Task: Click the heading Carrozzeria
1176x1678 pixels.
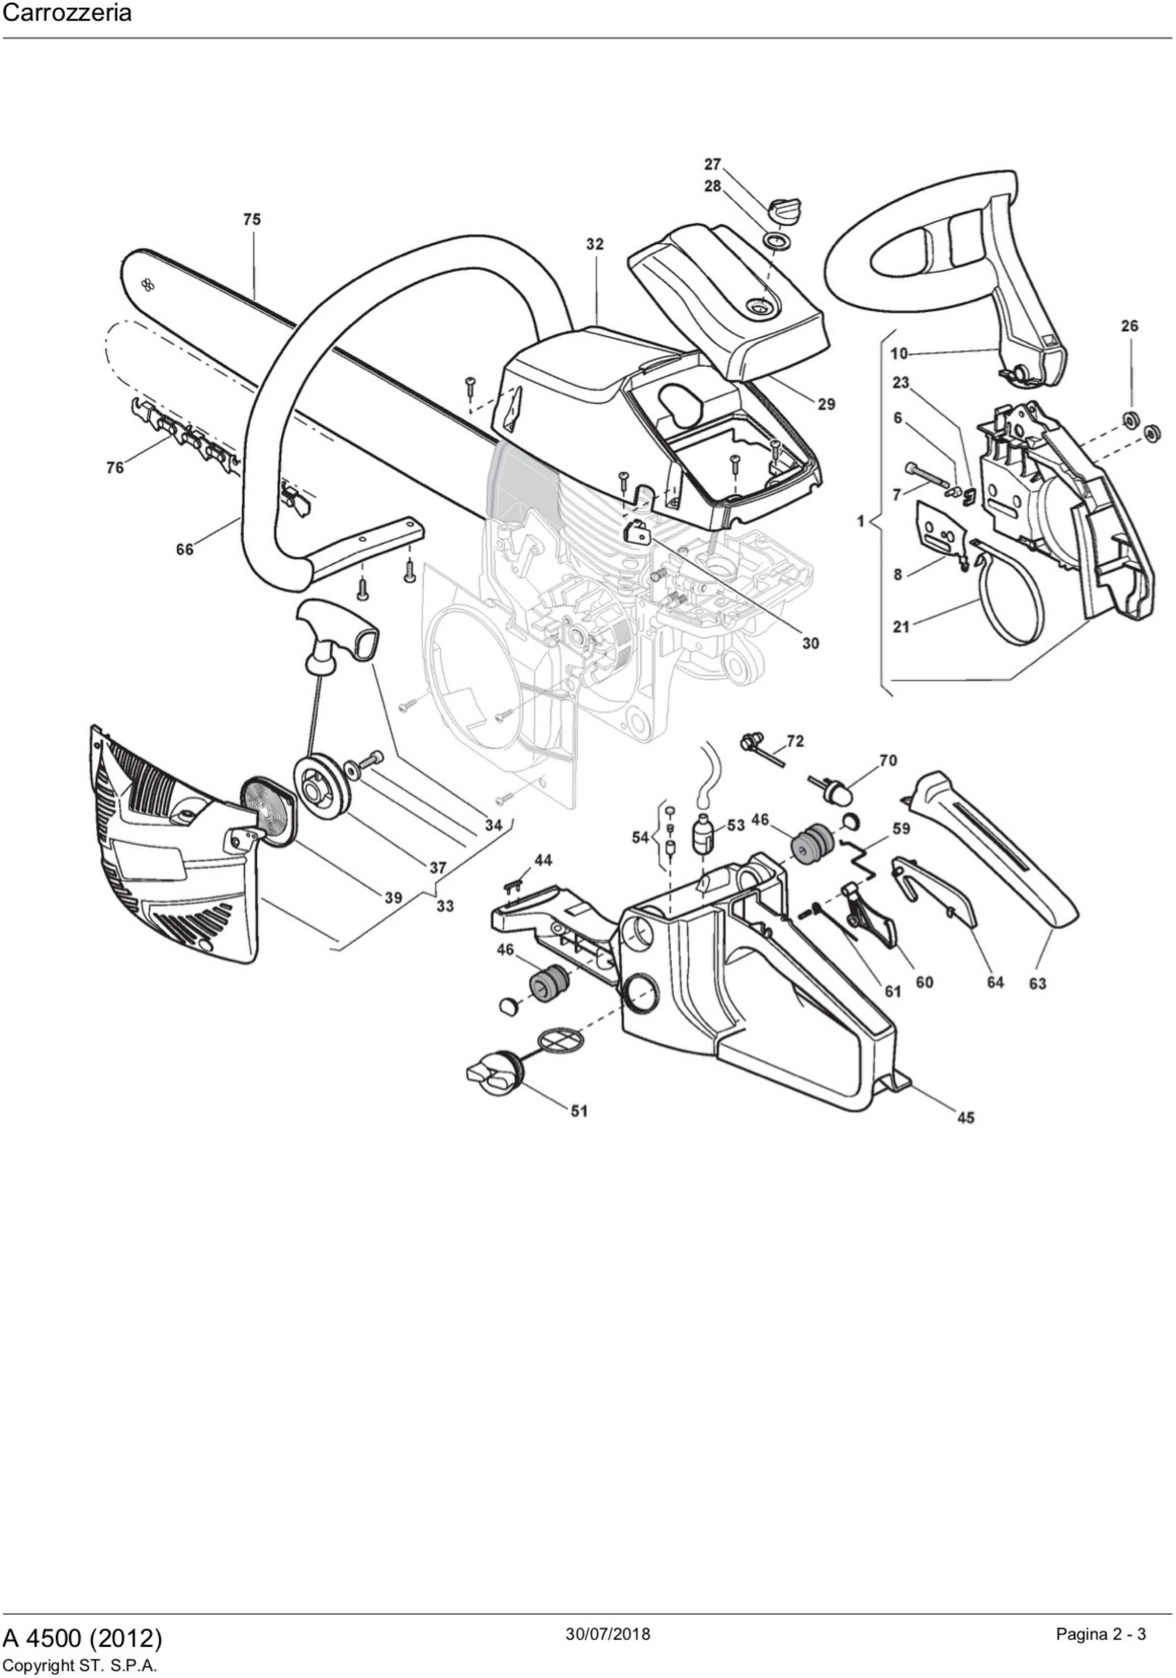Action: pyautogui.click(x=67, y=13)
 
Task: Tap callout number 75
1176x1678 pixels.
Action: pyautogui.click(x=252, y=219)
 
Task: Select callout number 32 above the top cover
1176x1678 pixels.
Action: pyautogui.click(x=595, y=244)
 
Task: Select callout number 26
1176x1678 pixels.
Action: pyautogui.click(x=1130, y=326)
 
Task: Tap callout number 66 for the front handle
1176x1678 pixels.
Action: pyautogui.click(x=185, y=549)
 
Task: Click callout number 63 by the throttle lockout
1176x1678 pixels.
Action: pyautogui.click(x=1037, y=984)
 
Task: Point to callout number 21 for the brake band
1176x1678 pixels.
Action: pyautogui.click(x=901, y=627)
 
